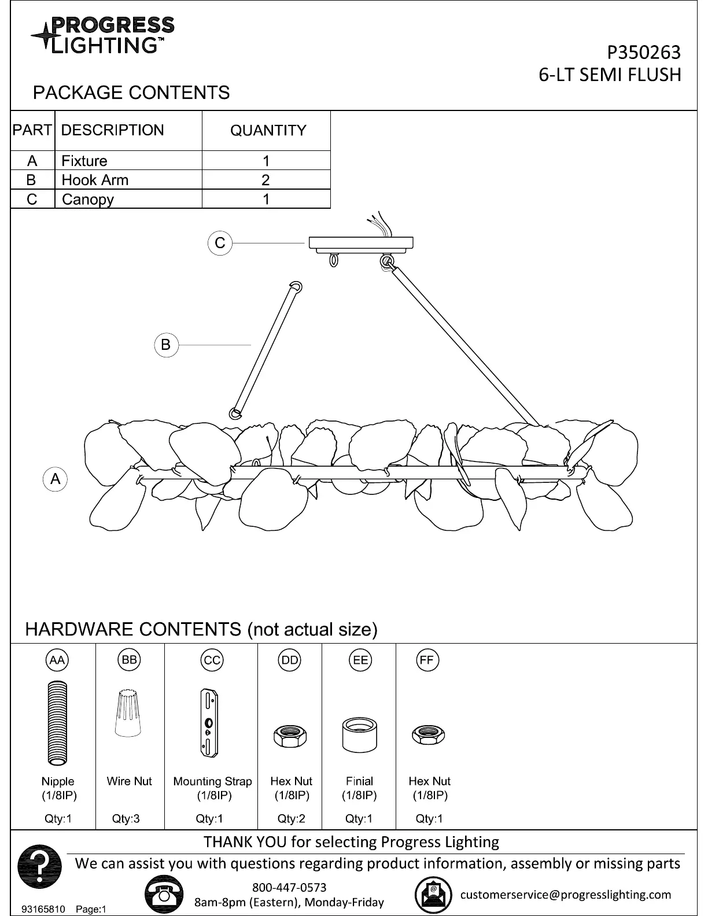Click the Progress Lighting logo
tap(102, 35)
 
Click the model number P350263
tap(643, 53)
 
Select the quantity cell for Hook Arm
tap(265, 180)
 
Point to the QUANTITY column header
tap(268, 131)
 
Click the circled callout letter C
tap(220, 243)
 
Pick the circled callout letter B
tap(166, 345)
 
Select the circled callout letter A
tap(56, 479)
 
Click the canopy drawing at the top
tap(361, 242)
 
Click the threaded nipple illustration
tap(57, 723)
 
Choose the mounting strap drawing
tap(209, 723)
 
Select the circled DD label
tap(289, 660)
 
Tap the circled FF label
tap(427, 660)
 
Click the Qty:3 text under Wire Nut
tap(126, 819)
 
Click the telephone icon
tap(164, 894)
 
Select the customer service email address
tap(565, 895)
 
